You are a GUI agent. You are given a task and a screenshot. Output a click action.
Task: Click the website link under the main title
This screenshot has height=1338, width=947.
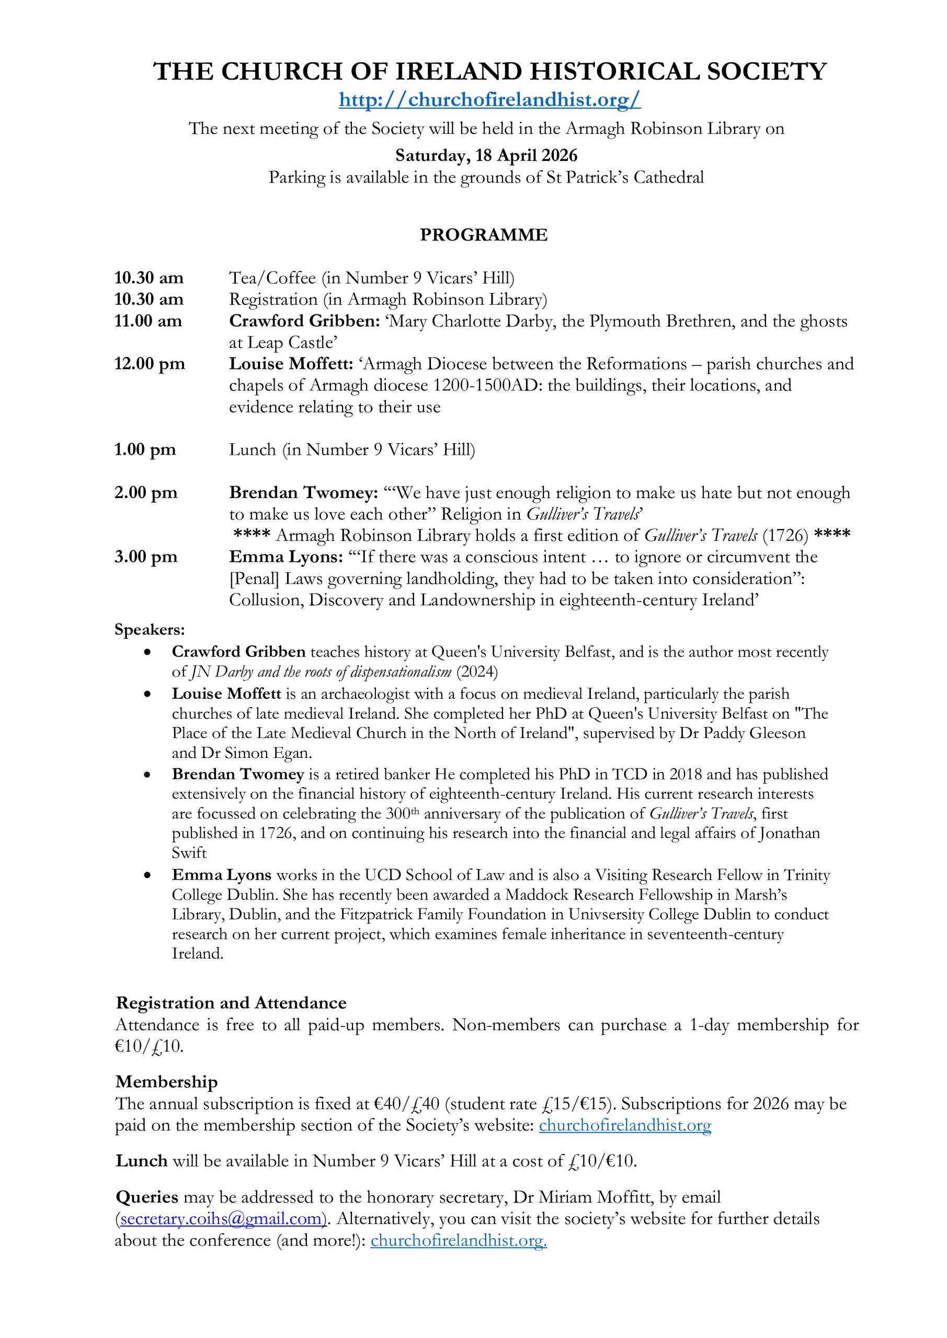pyautogui.click(x=489, y=100)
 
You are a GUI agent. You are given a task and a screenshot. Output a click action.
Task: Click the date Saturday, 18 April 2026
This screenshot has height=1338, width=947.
pyautogui.click(x=486, y=156)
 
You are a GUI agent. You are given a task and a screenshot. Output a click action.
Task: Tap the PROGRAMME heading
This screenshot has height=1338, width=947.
pyautogui.click(x=483, y=235)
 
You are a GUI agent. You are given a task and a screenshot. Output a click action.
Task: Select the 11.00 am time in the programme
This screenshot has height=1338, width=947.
pyautogui.click(x=148, y=321)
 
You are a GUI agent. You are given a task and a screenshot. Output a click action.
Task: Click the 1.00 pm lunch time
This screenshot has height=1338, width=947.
pyautogui.click(x=145, y=450)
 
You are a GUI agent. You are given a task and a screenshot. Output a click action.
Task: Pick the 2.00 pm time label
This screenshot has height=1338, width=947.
pyautogui.click(x=146, y=493)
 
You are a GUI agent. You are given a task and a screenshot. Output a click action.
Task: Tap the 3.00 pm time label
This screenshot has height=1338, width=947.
pyautogui.click(x=146, y=557)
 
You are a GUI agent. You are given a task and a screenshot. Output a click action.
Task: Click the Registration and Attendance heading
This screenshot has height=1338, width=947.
pyautogui.click(x=231, y=1003)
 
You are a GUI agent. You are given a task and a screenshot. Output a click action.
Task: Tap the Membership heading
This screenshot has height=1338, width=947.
pyautogui.click(x=167, y=1081)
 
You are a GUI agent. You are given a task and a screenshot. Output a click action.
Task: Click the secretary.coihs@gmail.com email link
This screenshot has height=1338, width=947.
pyautogui.click(x=221, y=1218)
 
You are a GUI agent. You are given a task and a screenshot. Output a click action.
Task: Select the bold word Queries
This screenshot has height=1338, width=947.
pyautogui.click(x=147, y=1197)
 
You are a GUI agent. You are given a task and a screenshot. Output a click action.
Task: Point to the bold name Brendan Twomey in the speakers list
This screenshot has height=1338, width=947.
pyautogui.click(x=238, y=775)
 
